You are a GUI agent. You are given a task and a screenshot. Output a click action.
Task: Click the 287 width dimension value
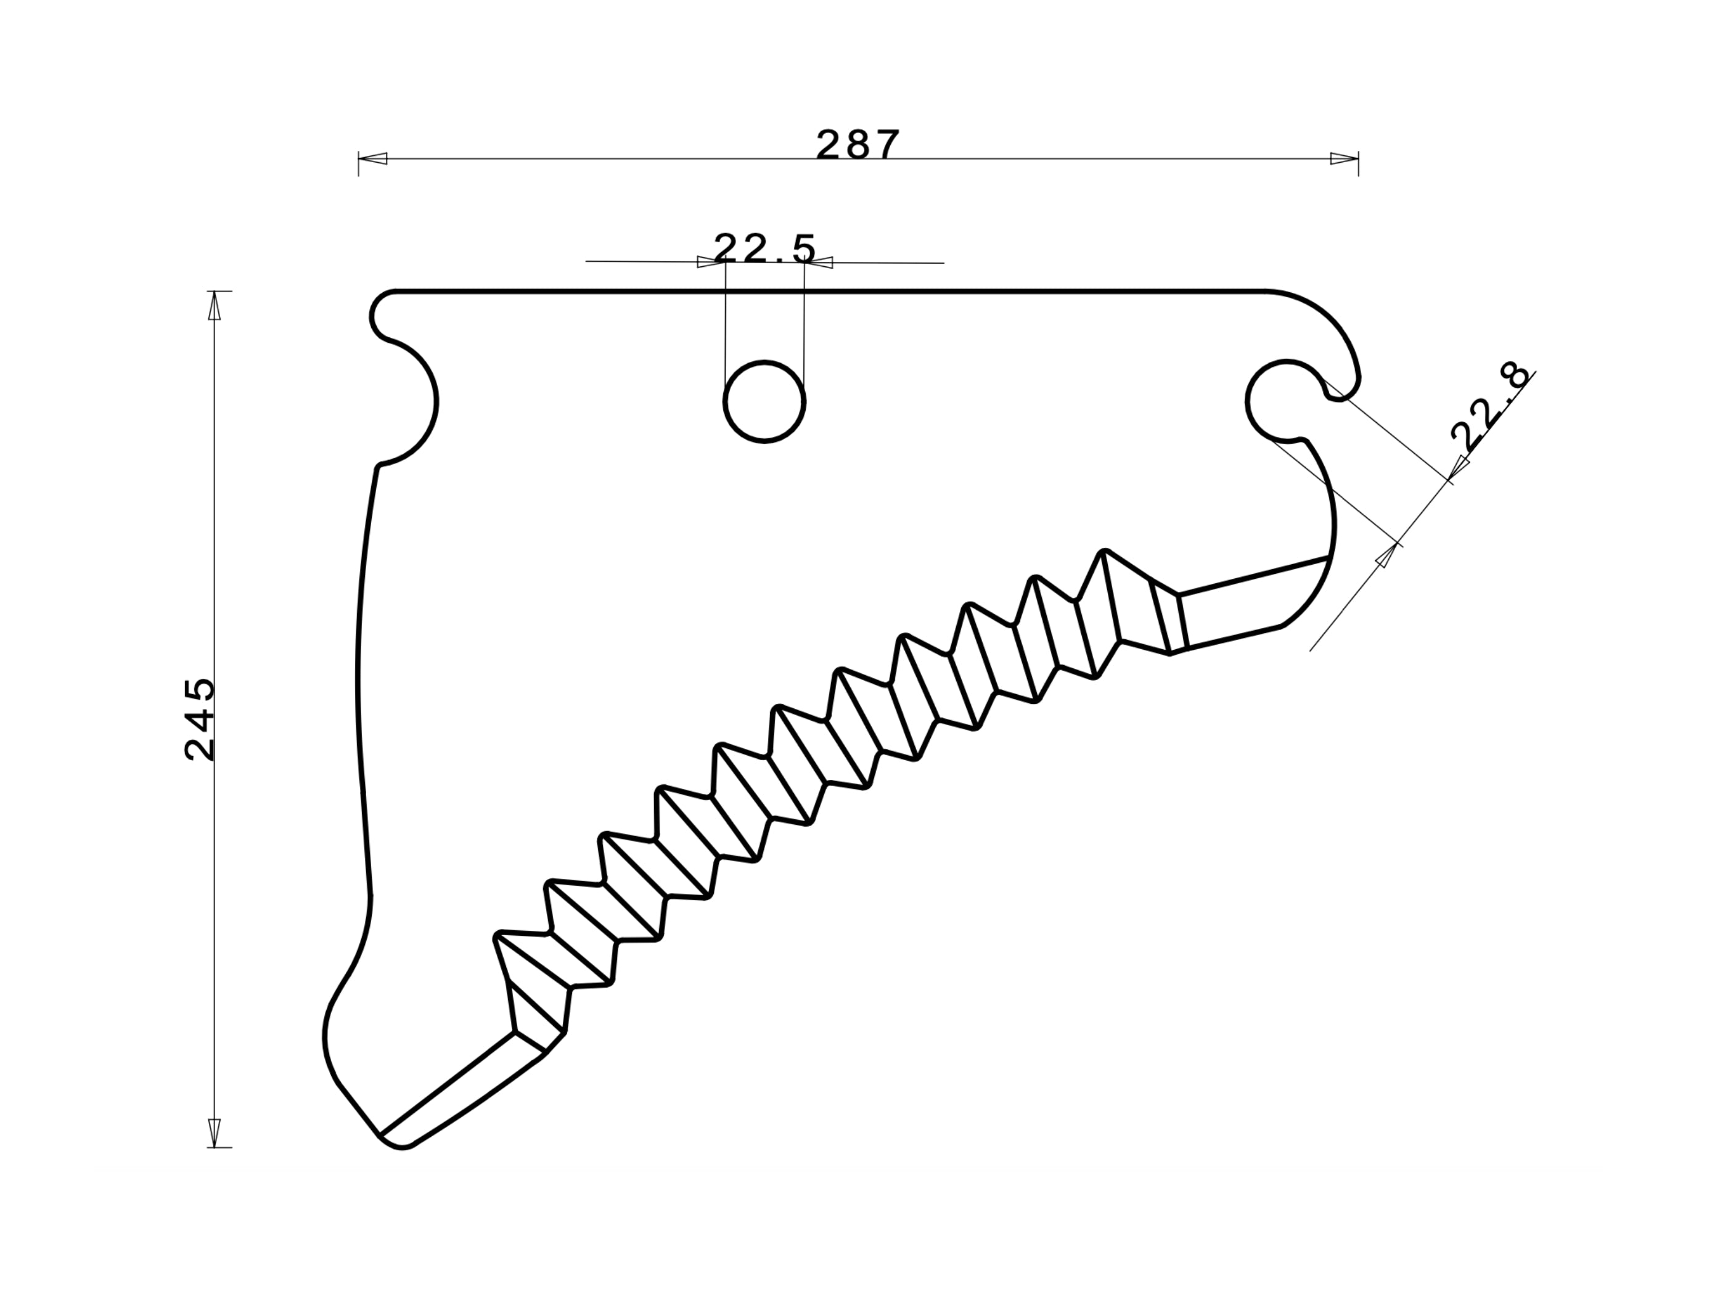[857, 145]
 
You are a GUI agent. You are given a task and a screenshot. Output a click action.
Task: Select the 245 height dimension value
[199, 719]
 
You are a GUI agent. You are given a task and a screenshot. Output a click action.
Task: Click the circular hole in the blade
[764, 402]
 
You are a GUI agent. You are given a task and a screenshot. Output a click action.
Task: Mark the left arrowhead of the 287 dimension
[373, 158]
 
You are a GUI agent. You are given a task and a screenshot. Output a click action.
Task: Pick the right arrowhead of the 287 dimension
[1345, 158]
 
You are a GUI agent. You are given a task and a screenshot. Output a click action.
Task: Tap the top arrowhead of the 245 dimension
[215, 306]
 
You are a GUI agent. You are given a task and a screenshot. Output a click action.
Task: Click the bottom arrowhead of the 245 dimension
[215, 1132]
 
